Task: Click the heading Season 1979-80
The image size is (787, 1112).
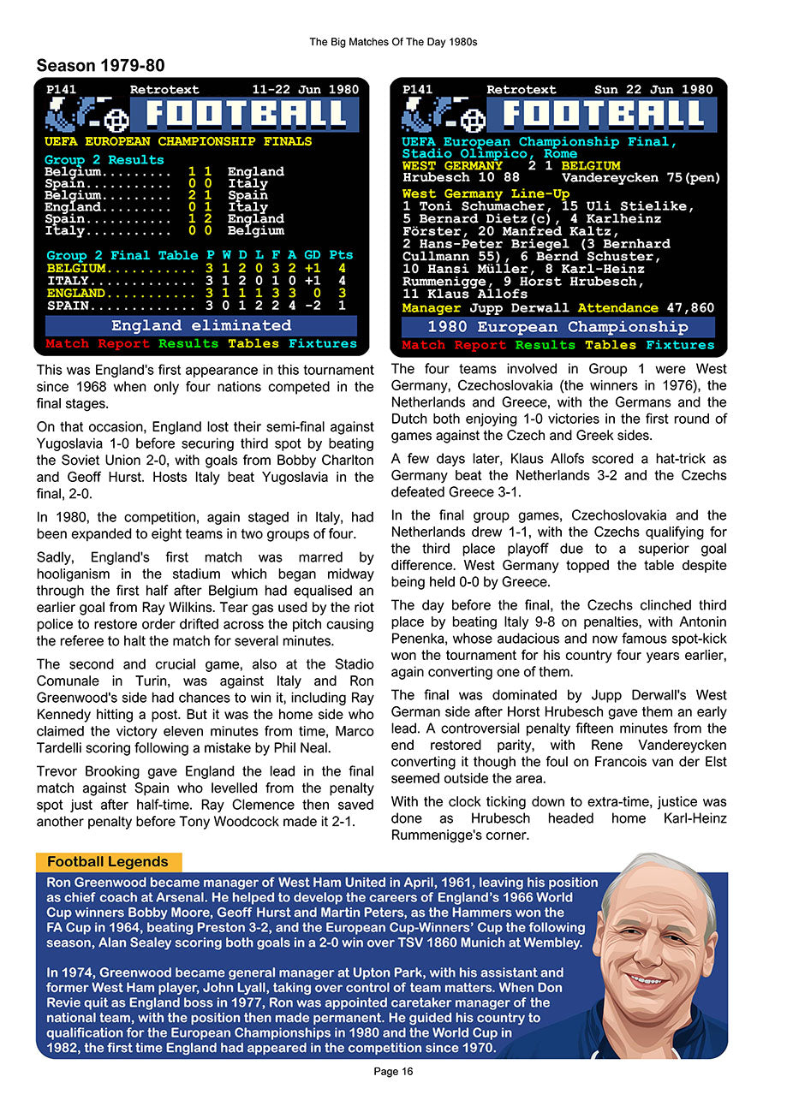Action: (x=100, y=66)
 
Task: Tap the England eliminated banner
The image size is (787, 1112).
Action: (x=200, y=325)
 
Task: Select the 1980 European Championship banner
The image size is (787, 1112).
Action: (x=557, y=327)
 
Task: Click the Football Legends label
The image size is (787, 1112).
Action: (x=108, y=862)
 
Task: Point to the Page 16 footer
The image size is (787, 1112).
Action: (x=393, y=1071)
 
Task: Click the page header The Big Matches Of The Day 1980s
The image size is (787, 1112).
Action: (x=393, y=41)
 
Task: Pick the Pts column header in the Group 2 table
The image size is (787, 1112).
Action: (x=341, y=255)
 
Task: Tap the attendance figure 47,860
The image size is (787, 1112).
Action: (x=690, y=307)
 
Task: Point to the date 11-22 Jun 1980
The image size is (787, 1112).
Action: (x=305, y=89)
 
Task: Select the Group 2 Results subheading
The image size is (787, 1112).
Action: (x=104, y=160)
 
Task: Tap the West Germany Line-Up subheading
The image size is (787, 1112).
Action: (x=486, y=194)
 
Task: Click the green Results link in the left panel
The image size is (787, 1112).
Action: (x=190, y=344)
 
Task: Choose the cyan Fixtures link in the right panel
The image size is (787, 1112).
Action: (x=680, y=345)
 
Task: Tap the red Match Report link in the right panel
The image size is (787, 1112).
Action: (x=454, y=345)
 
